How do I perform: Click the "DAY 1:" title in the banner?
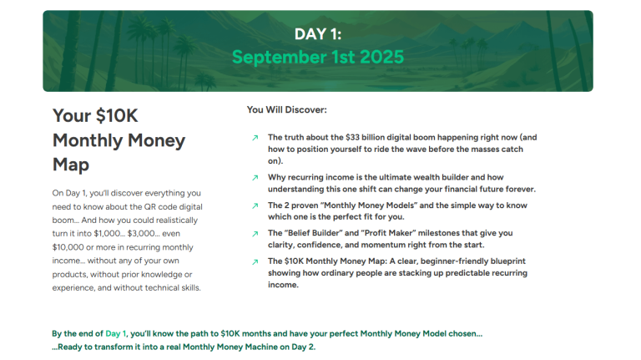(317, 34)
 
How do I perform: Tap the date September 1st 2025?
(317, 57)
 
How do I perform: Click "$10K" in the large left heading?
(114, 116)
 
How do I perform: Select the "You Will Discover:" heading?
(286, 109)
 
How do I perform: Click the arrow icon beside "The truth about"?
(255, 138)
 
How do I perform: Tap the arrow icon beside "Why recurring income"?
(255, 178)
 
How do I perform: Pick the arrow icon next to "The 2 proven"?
(255, 205)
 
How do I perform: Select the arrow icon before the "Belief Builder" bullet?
(255, 234)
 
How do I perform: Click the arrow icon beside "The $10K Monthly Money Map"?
(255, 262)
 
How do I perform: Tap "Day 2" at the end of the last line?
(303, 347)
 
